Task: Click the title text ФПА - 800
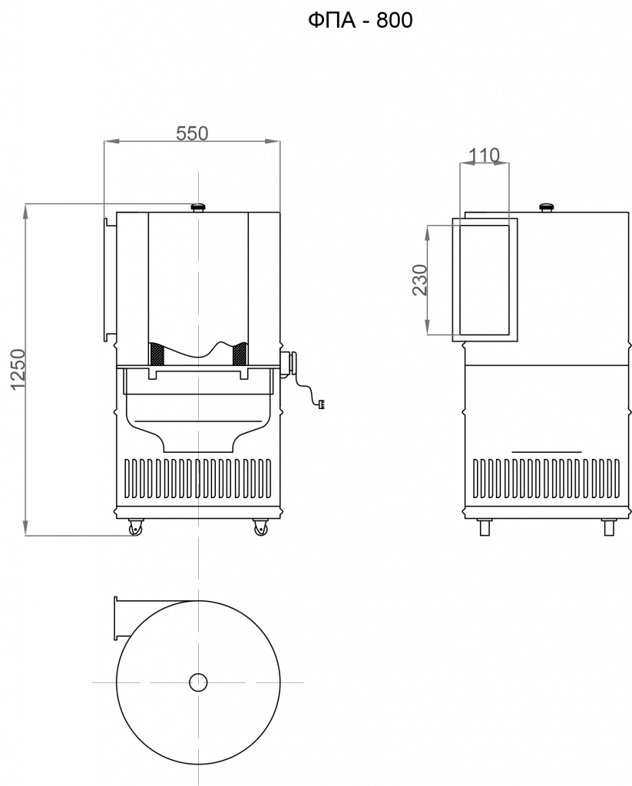point(360,21)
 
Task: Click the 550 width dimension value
point(192,134)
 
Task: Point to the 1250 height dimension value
point(18,369)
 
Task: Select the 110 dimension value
point(484,155)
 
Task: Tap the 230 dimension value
point(420,279)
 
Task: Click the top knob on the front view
point(199,206)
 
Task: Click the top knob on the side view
point(547,206)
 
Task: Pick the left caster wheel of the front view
point(135,527)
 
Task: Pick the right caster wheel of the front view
point(260,527)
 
